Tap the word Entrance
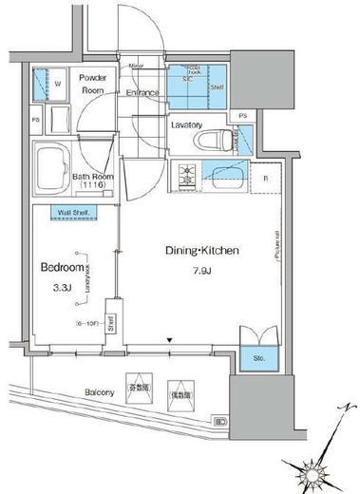142,93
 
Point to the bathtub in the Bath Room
53,168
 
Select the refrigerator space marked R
265,178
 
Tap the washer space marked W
57,84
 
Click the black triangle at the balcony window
170,340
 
